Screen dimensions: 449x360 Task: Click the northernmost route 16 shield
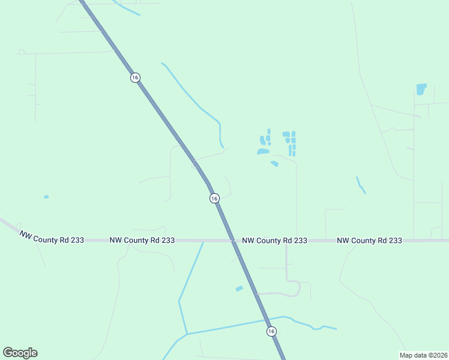click(x=135, y=77)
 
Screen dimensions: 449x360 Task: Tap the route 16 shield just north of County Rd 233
click(x=214, y=198)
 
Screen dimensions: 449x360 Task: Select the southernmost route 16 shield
click(x=271, y=331)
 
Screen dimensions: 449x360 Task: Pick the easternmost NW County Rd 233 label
click(x=369, y=240)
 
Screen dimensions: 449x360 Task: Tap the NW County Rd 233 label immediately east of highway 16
click(x=275, y=240)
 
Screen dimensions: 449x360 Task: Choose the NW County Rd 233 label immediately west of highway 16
click(x=142, y=240)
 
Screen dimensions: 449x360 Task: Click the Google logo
click(x=20, y=353)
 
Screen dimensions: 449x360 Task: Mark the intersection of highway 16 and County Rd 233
click(x=234, y=241)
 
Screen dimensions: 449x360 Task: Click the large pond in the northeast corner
click(x=421, y=89)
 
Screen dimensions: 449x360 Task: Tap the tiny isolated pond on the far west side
click(x=46, y=197)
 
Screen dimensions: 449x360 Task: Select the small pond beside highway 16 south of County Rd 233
click(x=239, y=289)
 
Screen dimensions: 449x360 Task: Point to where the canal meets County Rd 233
click(x=203, y=241)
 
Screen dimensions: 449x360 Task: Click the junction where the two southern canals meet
click(x=187, y=334)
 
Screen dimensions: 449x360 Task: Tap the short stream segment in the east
click(x=361, y=185)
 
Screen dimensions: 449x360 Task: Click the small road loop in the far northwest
click(x=22, y=52)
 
